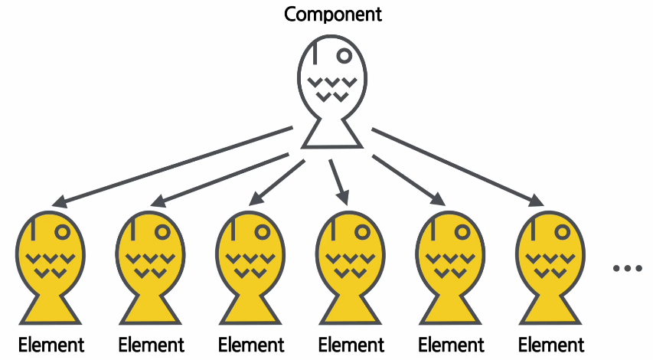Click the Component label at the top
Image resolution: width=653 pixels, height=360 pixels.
tap(332, 14)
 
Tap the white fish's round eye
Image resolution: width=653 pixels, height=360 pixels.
tap(344, 55)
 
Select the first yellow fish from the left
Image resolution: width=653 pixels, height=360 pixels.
tap(51, 264)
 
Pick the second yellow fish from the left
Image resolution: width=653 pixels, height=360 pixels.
tap(151, 264)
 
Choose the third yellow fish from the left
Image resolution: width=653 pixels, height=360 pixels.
tap(250, 264)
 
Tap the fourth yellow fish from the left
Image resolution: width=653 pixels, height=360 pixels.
tap(351, 264)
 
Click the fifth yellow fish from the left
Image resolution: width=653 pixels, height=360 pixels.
tap(451, 264)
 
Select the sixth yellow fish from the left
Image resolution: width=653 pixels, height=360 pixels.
tap(550, 264)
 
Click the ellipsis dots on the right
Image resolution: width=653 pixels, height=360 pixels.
tap(627, 268)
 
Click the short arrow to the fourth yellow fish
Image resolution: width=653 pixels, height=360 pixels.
tap(338, 181)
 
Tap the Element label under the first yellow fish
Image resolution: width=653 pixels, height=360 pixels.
tap(51, 345)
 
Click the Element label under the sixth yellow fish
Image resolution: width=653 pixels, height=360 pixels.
tap(551, 345)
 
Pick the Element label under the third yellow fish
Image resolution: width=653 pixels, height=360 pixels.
tap(251, 345)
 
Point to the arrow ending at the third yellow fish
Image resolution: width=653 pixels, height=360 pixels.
tap(275, 181)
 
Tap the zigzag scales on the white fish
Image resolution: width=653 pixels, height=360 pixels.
tap(331, 88)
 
